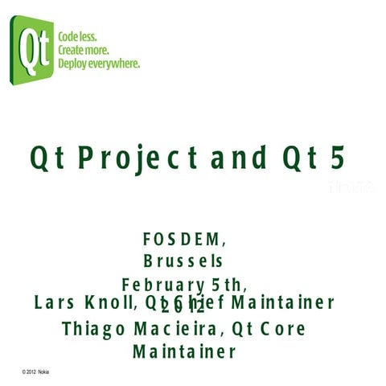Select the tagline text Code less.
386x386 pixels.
78,37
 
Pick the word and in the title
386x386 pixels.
238,158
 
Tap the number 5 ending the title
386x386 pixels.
337,158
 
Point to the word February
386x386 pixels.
162,285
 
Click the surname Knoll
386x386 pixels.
107,303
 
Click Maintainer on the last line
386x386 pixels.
184,352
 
